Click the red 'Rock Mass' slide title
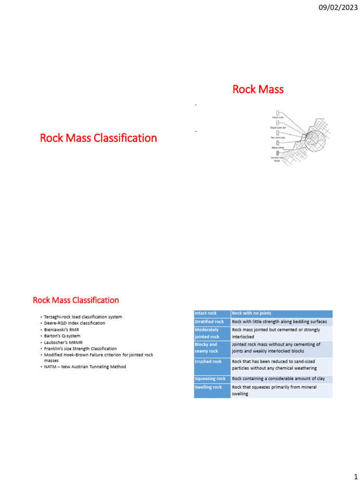pos(258,89)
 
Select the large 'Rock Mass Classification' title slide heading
pos(98,138)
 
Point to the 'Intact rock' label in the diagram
pos(278,117)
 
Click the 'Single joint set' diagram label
pos(278,128)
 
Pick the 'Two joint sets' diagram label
pos(277,138)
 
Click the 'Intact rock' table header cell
pos(206,313)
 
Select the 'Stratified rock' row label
pos(209,322)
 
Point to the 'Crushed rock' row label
pos(208,362)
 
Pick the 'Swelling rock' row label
pos(208,387)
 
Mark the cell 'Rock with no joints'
pos(251,313)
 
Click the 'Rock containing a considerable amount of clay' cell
pos(278,379)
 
